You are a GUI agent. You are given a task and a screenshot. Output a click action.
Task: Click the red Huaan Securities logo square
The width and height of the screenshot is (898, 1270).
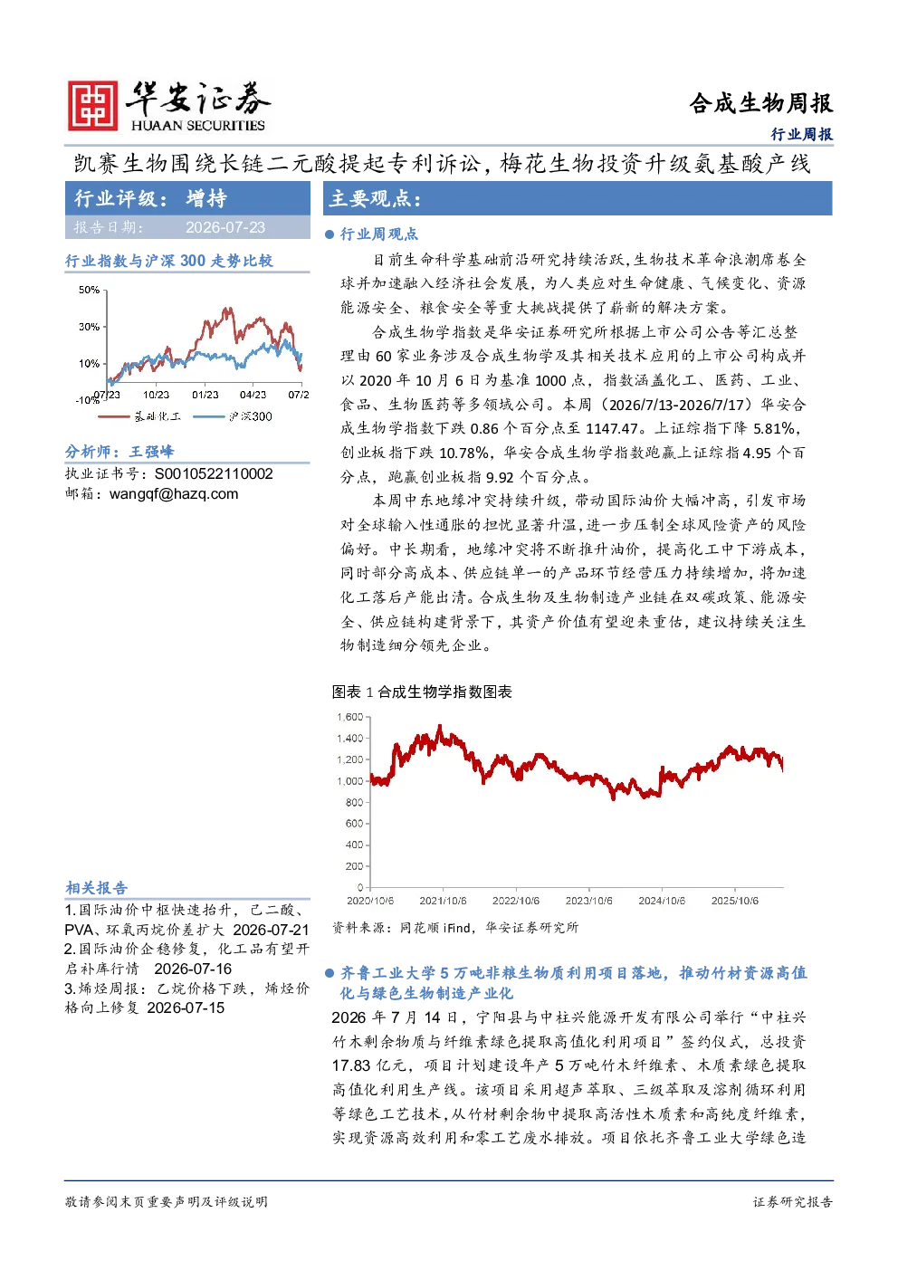tap(93, 105)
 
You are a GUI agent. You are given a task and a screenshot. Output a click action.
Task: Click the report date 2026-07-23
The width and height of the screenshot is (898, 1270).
tap(225, 227)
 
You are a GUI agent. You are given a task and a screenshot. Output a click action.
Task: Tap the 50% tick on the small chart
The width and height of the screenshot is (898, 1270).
tap(89, 290)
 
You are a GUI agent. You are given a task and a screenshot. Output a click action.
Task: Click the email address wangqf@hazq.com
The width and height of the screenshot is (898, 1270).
tap(174, 494)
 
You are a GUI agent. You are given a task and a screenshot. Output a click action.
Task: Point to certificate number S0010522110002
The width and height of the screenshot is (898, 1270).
tap(214, 474)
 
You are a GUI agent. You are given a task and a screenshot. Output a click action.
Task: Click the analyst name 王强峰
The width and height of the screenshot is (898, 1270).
tap(151, 452)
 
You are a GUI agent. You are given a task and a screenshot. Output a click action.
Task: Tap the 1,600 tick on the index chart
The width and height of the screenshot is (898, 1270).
tap(349, 717)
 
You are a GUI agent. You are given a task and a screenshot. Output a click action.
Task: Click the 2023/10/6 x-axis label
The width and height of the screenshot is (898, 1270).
tap(588, 901)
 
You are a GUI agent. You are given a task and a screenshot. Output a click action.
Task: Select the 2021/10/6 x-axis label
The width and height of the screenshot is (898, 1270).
tap(443, 901)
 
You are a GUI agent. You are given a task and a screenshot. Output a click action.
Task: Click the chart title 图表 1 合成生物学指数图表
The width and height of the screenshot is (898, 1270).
tap(422, 692)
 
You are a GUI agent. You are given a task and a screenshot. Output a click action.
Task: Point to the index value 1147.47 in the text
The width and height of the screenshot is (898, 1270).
tap(612, 429)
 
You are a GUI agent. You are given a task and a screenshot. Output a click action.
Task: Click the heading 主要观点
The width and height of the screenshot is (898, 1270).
tap(375, 198)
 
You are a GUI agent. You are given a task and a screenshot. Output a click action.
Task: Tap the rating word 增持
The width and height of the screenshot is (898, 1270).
tap(206, 198)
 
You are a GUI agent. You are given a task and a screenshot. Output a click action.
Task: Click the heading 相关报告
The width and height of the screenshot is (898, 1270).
tap(96, 887)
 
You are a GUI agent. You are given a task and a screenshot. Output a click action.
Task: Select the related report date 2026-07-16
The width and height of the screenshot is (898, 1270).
tap(193, 969)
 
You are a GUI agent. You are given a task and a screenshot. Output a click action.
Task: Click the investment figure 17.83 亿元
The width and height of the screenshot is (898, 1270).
tap(368, 1065)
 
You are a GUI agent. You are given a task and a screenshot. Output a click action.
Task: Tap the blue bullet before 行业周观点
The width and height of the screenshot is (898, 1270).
tap(330, 234)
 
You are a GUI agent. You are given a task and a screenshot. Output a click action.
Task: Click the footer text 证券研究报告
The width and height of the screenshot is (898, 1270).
tap(793, 1201)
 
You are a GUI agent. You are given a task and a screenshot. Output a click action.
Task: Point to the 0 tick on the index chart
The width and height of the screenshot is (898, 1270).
tap(360, 887)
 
